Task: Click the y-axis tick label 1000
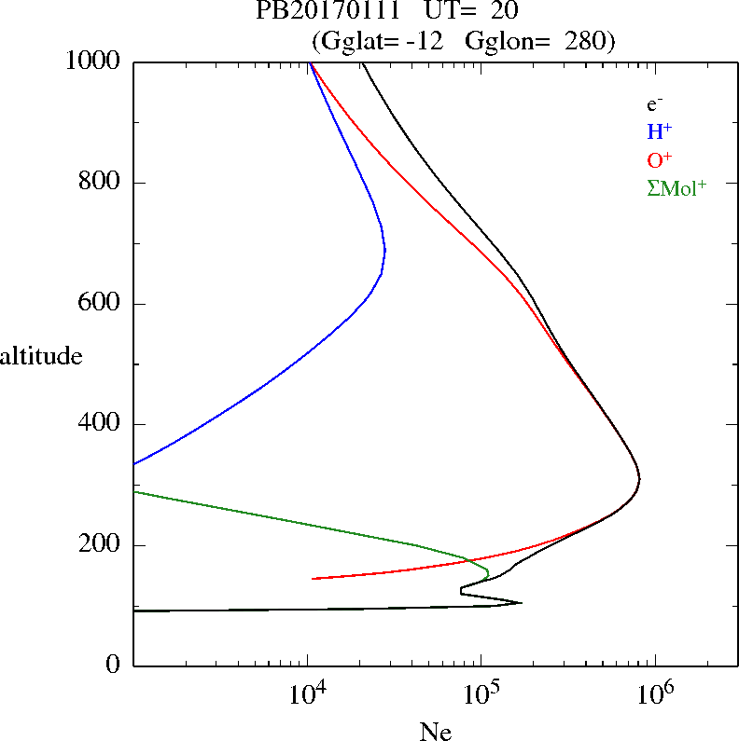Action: tap(93, 62)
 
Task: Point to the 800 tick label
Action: tap(102, 183)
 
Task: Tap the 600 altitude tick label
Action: tap(102, 304)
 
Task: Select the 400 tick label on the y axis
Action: tap(102, 424)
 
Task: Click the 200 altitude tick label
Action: tap(102, 545)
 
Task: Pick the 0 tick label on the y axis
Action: tap(115, 666)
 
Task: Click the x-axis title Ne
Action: tap(436, 731)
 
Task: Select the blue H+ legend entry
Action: tap(660, 131)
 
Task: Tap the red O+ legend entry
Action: tap(660, 159)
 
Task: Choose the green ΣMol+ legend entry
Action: tap(676, 187)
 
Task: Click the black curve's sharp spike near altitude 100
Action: tap(521, 603)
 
